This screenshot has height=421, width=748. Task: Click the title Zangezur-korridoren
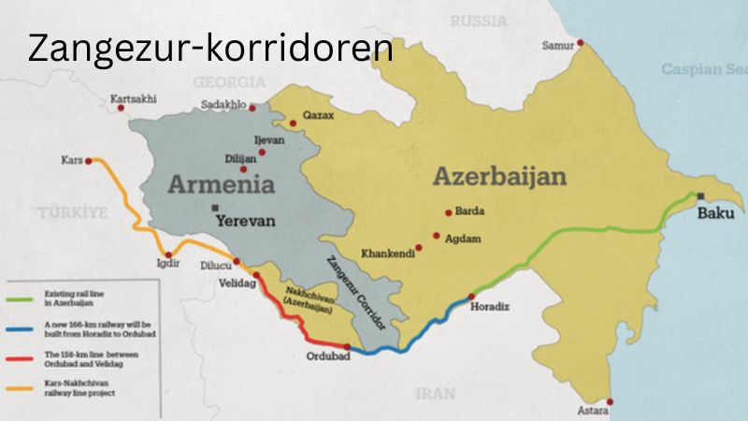tap(209, 47)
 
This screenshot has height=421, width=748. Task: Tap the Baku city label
tap(718, 214)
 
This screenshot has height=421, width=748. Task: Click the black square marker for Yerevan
tap(216, 207)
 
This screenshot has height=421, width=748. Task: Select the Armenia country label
tap(222, 183)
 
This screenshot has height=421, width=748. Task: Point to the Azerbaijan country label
tap(499, 177)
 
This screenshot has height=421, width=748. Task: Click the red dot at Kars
tap(89, 161)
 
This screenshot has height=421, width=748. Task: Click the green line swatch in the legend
tap(23, 300)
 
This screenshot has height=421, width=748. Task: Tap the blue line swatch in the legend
tap(23, 327)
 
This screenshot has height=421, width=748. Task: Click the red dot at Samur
tap(580, 42)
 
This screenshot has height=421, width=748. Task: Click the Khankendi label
tap(388, 254)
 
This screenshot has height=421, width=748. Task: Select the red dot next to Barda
tap(449, 211)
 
